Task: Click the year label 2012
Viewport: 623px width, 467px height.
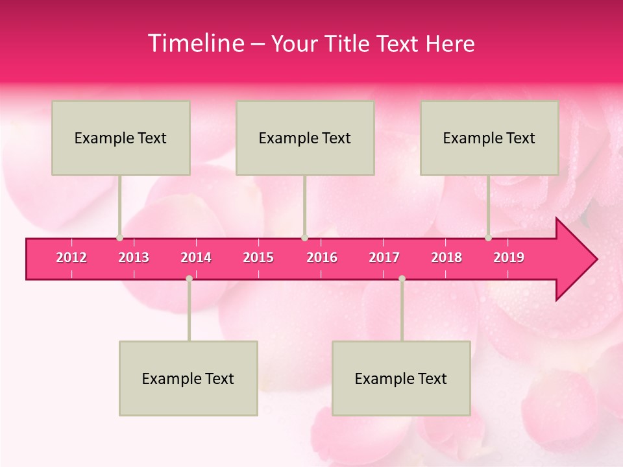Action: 71,257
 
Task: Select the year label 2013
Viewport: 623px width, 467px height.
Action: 134,257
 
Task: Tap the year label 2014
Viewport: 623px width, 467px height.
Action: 196,257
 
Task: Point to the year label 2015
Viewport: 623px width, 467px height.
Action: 258,257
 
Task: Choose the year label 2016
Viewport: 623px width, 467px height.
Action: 322,257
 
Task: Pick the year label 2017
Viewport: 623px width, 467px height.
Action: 384,257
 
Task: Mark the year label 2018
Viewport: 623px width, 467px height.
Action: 446,257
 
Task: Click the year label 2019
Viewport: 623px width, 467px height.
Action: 509,257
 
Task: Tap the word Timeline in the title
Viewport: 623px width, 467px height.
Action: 195,43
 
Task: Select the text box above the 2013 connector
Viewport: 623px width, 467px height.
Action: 121,138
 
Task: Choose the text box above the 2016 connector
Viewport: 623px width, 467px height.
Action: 305,138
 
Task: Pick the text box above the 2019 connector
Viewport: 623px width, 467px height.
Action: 489,138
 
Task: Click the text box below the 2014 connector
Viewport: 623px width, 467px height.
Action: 188,378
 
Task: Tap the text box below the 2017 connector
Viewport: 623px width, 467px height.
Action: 401,378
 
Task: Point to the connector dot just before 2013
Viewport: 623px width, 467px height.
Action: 119,238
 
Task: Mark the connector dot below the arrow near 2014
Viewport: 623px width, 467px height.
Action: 189,278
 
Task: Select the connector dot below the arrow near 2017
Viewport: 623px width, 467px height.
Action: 402,278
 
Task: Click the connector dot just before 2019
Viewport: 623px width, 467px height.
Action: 488,238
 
